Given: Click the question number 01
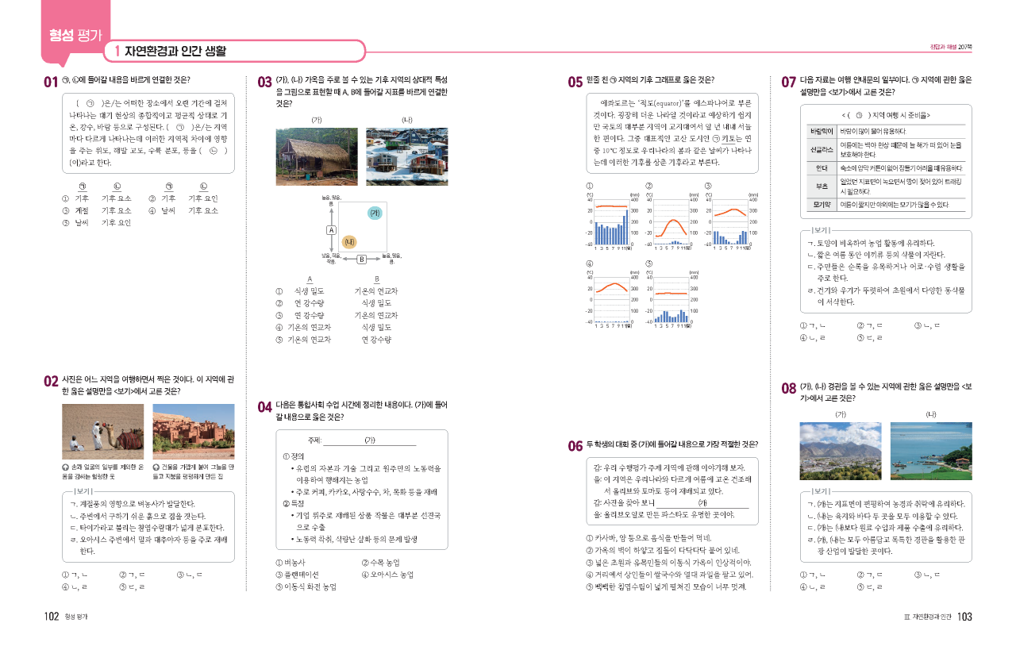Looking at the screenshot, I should [51, 81].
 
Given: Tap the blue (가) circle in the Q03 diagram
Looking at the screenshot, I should [375, 213].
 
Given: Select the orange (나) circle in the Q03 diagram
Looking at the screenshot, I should [348, 241].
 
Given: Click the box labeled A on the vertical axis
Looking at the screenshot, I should [329, 229].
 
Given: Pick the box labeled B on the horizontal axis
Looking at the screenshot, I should [360, 260].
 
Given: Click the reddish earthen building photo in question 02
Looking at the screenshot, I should [193, 431].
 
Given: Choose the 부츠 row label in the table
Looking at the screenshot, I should [818, 186].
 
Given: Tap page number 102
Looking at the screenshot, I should [52, 617].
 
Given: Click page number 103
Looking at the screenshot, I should [964, 617].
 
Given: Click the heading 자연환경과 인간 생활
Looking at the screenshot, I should [175, 52].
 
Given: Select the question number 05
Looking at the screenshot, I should [575, 81].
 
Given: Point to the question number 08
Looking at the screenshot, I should [789, 388].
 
